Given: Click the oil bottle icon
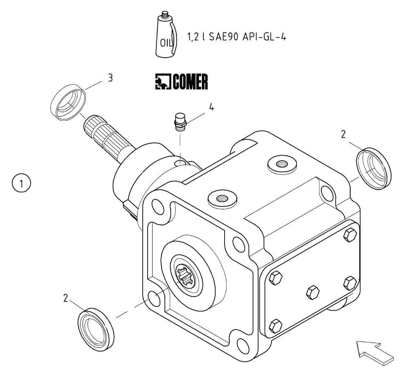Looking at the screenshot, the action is pyautogui.click(x=166, y=34).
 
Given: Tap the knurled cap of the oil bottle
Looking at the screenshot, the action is pyautogui.click(x=165, y=15).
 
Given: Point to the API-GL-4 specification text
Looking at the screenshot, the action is pyautogui.click(x=264, y=37).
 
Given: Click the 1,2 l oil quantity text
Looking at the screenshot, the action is pyautogui.click(x=196, y=37).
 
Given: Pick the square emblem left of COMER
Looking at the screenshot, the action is pyautogui.click(x=163, y=82).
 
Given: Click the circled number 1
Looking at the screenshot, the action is pyautogui.click(x=21, y=183).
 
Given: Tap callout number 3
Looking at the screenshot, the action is pyautogui.click(x=110, y=78).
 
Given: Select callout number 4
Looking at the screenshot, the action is pyautogui.click(x=211, y=107).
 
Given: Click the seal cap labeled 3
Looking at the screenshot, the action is pyautogui.click(x=68, y=102).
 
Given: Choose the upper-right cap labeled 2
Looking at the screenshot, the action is pyautogui.click(x=374, y=168).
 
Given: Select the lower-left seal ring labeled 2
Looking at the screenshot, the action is pyautogui.click(x=96, y=329).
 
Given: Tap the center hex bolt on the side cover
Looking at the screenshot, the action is pyautogui.click(x=312, y=292).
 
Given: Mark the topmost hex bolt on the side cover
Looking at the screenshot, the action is pyautogui.click(x=350, y=235).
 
